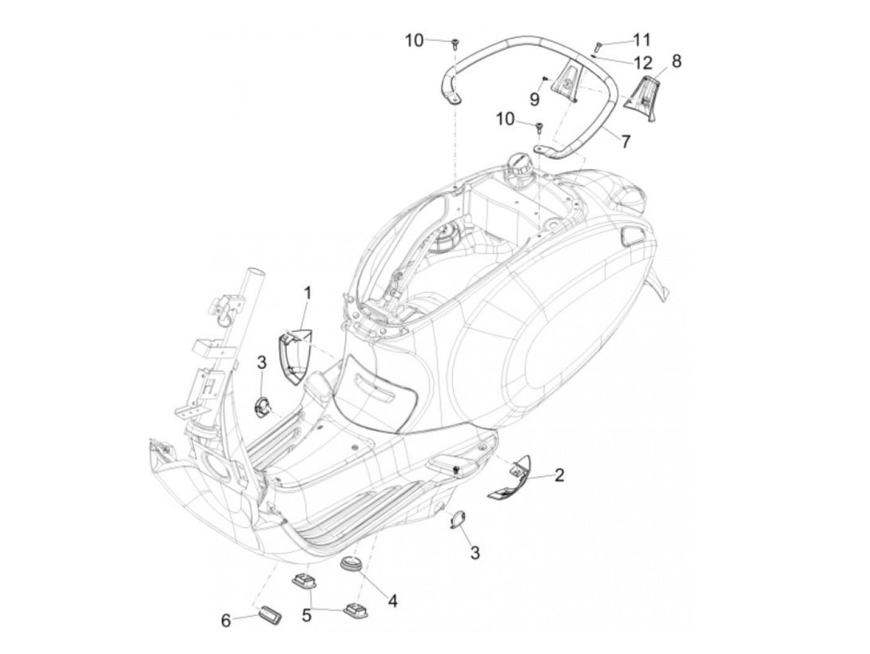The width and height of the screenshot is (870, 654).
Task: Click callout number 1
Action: [x=307, y=292]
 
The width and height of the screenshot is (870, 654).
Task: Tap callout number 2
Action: [x=559, y=476]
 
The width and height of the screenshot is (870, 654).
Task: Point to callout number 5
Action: [x=306, y=615]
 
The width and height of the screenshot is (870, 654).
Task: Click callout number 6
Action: [x=226, y=620]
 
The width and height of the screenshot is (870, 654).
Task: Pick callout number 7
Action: [x=623, y=142]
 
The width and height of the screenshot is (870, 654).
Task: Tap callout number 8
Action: [x=676, y=60]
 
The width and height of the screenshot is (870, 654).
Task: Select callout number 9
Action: [x=534, y=98]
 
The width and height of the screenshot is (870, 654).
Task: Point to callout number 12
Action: [x=643, y=62]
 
